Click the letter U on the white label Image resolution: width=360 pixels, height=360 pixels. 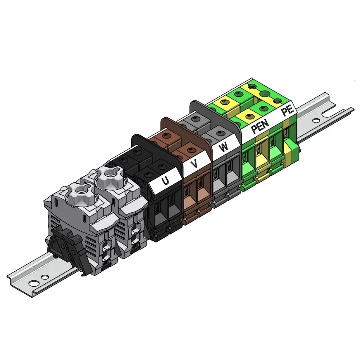tap(165, 181)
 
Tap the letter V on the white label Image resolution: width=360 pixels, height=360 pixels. tap(194, 164)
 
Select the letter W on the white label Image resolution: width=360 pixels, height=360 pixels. tap(223, 147)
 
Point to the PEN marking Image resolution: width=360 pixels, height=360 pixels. tap(260, 126)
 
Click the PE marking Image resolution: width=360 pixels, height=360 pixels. tap(288, 110)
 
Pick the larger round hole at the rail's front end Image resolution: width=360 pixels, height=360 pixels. tap(33, 283)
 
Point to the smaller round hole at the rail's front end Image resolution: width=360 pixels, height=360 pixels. tap(45, 277)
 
